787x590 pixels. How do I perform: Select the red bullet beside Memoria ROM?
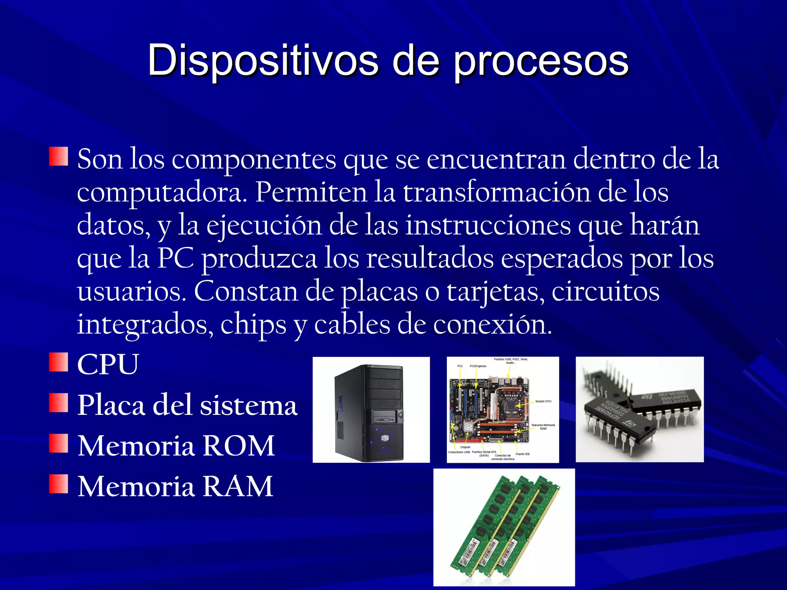click(x=58, y=444)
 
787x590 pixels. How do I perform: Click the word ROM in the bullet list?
click(x=238, y=446)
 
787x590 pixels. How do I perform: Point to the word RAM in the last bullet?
click(x=237, y=487)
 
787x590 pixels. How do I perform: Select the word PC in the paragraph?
click(x=176, y=259)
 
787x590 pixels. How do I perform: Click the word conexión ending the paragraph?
click(x=492, y=325)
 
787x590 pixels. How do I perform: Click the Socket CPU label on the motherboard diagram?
click(x=543, y=401)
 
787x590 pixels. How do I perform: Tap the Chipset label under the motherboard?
click(x=465, y=447)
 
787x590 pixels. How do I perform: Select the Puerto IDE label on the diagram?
click(x=523, y=454)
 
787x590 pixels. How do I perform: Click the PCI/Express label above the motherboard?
click(x=478, y=366)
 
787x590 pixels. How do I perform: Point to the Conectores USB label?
click(x=459, y=452)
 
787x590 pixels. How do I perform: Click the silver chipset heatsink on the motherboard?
click(x=469, y=427)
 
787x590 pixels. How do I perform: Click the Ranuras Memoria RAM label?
click(x=543, y=427)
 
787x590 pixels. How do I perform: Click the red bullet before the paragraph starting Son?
click(x=58, y=156)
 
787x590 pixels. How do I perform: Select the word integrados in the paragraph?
click(x=145, y=325)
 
